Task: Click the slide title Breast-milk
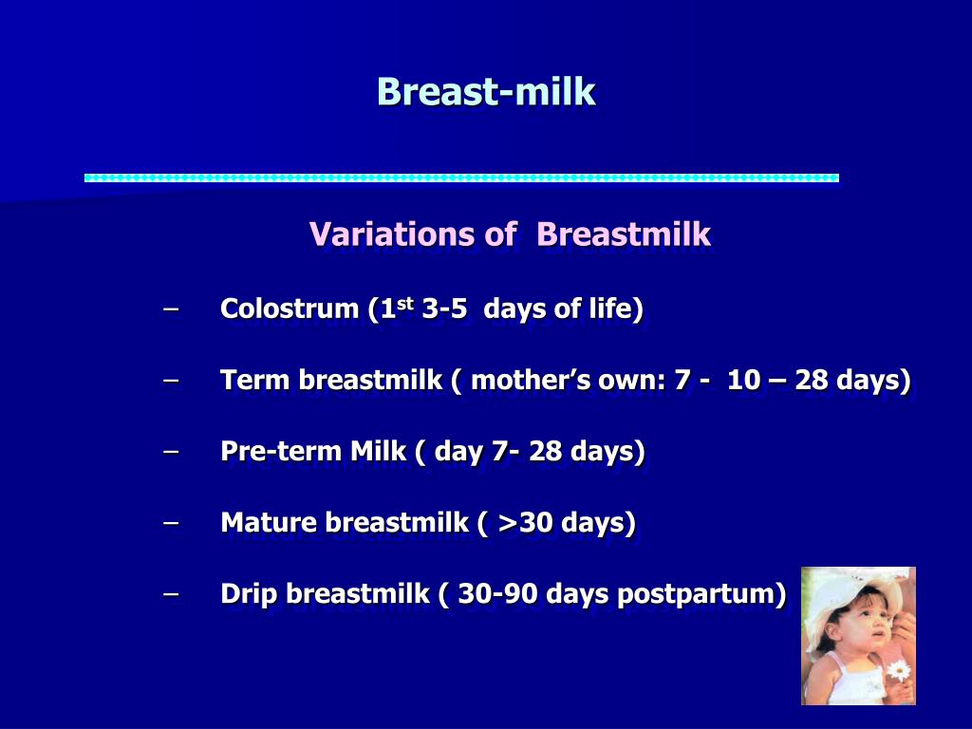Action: (x=486, y=92)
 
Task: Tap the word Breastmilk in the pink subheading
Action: (x=624, y=234)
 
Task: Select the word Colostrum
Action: (x=290, y=308)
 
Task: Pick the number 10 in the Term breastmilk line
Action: (x=743, y=380)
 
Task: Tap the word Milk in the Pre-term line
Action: (x=378, y=451)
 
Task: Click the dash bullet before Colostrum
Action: (x=171, y=308)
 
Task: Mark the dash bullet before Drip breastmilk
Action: (x=171, y=594)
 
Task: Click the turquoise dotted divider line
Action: (x=462, y=178)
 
